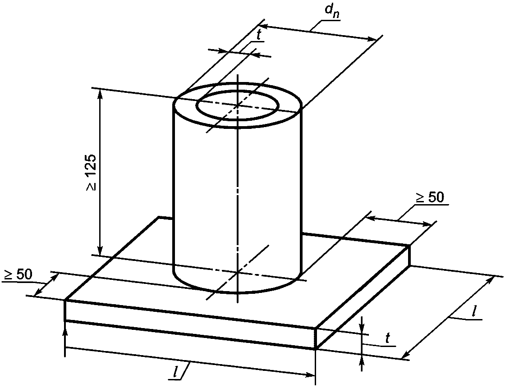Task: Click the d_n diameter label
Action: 330,12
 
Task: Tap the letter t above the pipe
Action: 259,36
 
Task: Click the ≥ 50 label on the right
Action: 430,197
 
